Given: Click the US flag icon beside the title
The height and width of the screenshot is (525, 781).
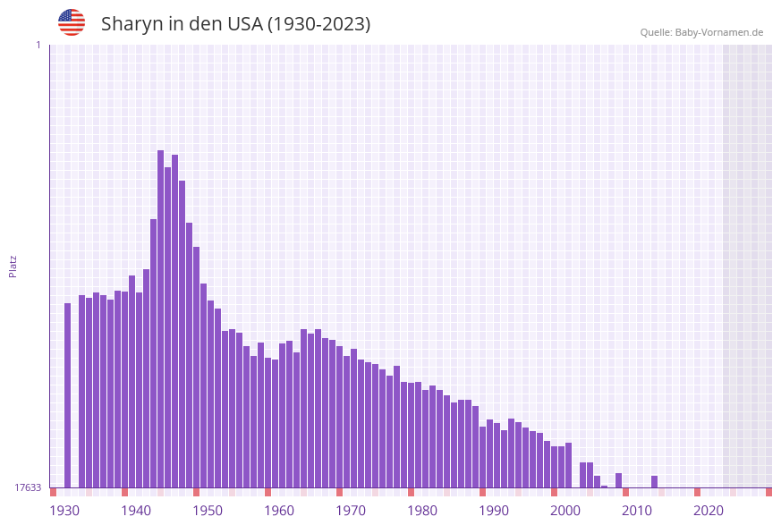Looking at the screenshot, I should pyautogui.click(x=72, y=22).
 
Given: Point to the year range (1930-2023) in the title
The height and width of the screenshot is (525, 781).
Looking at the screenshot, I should pyautogui.click(x=318, y=24).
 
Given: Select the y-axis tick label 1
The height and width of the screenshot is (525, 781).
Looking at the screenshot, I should pyautogui.click(x=38, y=45).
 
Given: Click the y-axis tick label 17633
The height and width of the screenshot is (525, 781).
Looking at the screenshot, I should pyautogui.click(x=28, y=487).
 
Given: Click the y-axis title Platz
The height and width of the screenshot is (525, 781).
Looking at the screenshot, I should pyautogui.click(x=13, y=266).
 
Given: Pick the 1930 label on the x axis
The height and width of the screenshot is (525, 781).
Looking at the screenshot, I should pyautogui.click(x=64, y=511).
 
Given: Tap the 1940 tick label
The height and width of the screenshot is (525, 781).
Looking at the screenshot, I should pyautogui.click(x=136, y=511).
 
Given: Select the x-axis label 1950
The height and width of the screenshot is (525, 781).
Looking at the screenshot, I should pyautogui.click(x=208, y=511).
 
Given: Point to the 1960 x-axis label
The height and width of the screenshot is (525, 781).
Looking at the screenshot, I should pyautogui.click(x=279, y=511).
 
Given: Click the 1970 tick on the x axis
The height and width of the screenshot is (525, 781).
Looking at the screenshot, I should pyautogui.click(x=351, y=511).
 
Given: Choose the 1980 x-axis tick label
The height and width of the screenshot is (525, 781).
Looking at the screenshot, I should pyautogui.click(x=422, y=511).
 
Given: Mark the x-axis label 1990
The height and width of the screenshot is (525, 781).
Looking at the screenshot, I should pyautogui.click(x=494, y=511).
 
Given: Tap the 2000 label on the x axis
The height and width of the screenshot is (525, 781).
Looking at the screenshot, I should pyautogui.click(x=565, y=511).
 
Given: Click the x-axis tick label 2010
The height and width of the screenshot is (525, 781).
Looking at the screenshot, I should pyautogui.click(x=637, y=511).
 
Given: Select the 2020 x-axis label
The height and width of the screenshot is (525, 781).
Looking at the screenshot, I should pyautogui.click(x=709, y=511).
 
